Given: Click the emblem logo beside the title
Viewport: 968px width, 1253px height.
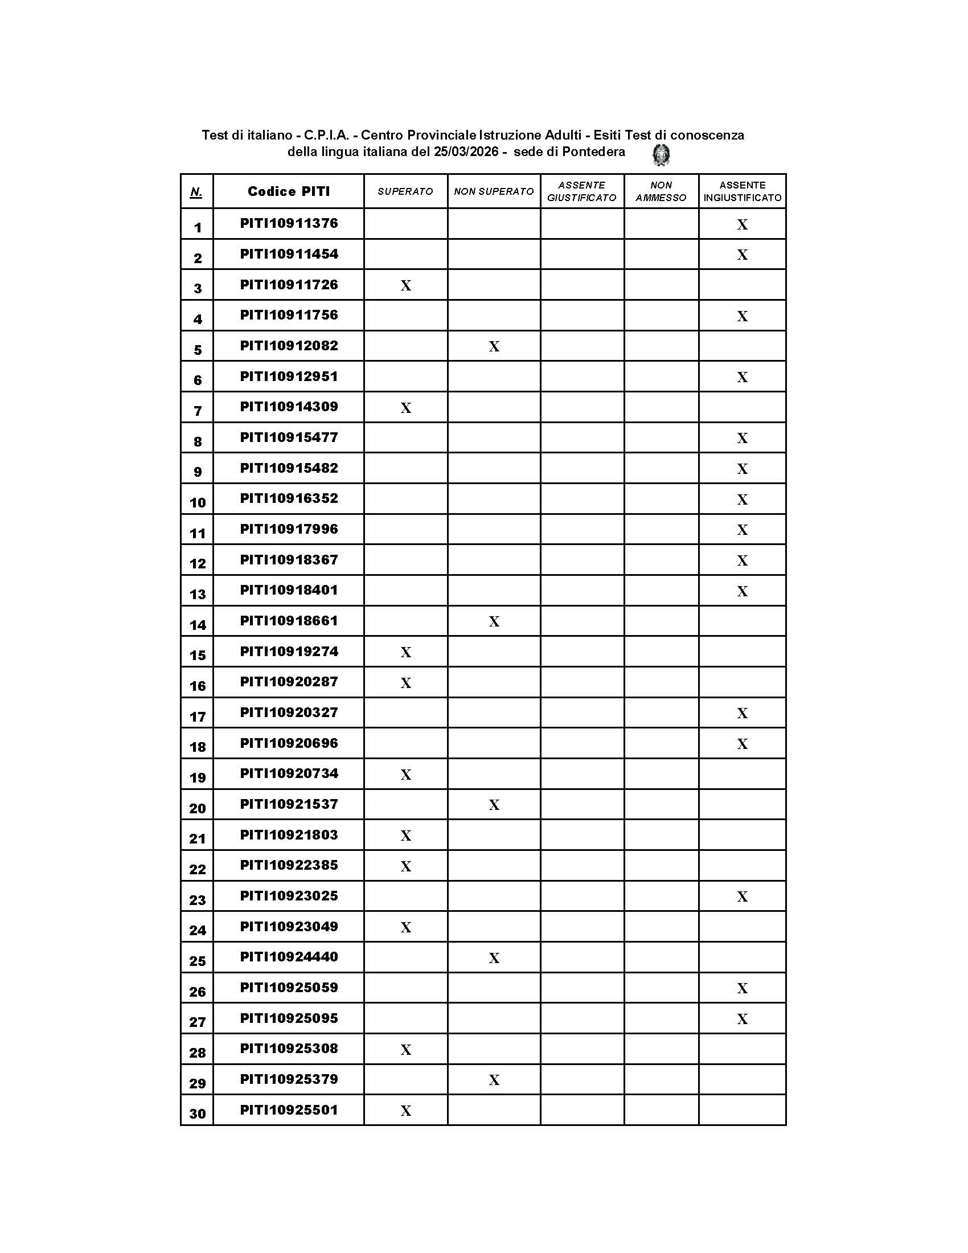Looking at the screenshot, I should pos(661,155).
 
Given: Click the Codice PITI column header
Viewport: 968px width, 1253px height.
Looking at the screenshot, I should pos(289,191).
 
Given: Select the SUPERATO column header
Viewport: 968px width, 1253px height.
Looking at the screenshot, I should pos(405,191).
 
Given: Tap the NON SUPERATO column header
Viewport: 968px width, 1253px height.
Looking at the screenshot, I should pos(494,191).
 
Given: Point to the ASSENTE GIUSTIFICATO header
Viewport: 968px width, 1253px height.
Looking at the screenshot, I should pos(581,191).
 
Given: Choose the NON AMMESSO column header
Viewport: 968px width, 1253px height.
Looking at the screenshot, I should pos(661,191).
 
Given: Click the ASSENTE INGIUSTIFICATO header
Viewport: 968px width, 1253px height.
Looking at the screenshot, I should pos(742,191).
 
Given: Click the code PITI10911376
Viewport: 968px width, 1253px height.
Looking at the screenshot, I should pos(289,223).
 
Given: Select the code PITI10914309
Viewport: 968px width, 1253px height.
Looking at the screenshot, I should pos(289,407).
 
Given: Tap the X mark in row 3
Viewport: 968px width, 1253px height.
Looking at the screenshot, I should pos(406,286).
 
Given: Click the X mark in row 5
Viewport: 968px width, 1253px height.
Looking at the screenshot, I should pos(494,346).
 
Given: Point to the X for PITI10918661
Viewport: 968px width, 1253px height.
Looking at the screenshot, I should pos(494,621).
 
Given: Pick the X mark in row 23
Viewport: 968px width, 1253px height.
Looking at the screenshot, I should pos(742,896).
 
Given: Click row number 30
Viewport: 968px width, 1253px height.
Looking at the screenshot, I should pos(197,1114).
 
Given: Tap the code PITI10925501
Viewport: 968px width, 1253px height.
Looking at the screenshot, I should pos(289,1110).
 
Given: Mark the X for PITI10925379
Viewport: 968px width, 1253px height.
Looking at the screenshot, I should pos(494,1080).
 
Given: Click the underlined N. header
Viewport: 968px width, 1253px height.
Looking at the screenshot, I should pos(196,192).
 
